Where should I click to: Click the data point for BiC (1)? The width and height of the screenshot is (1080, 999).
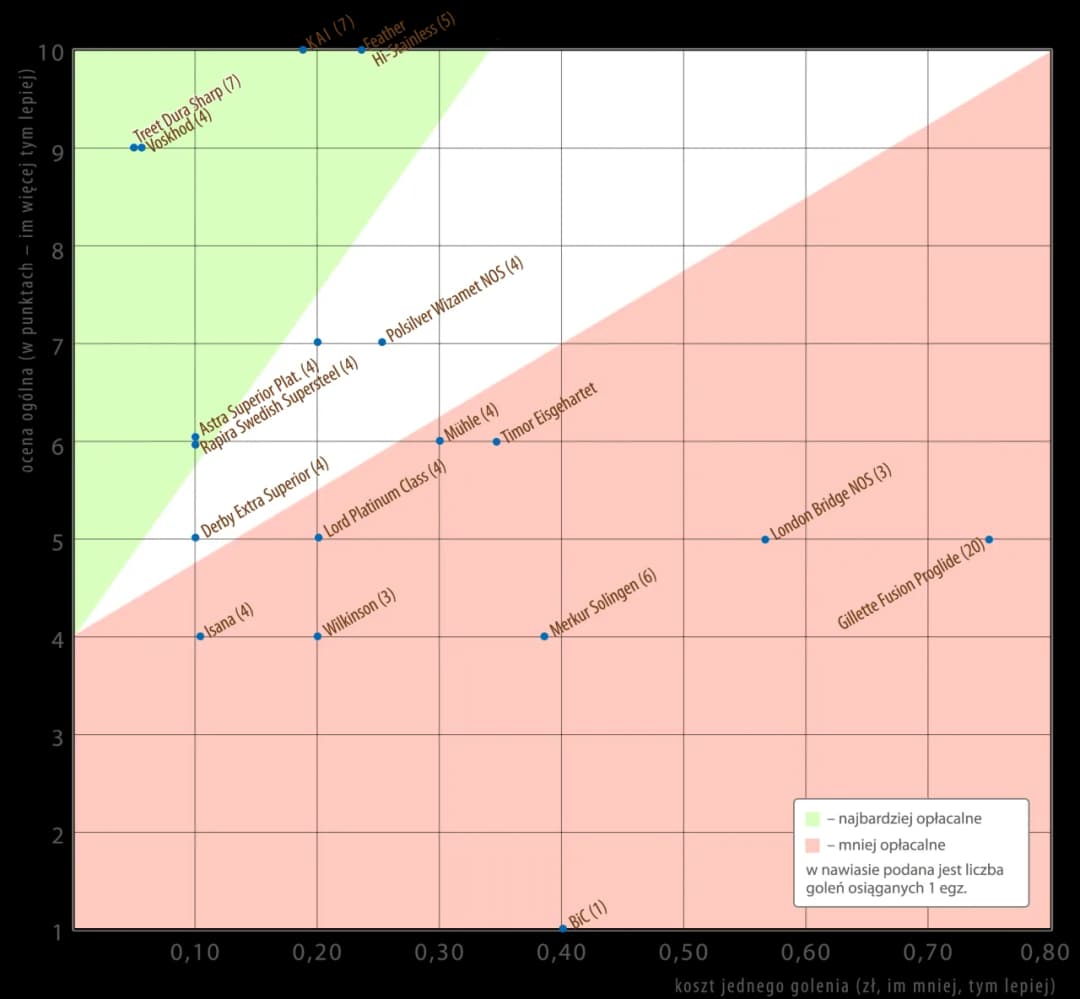click(x=563, y=929)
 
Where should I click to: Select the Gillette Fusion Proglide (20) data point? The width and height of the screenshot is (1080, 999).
click(x=989, y=540)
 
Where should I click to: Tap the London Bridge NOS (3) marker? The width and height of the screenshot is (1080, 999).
click(x=765, y=539)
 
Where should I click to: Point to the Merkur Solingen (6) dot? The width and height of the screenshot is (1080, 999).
click(x=544, y=636)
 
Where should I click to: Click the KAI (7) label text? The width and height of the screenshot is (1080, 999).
click(x=331, y=33)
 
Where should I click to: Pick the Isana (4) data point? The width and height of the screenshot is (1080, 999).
click(x=200, y=636)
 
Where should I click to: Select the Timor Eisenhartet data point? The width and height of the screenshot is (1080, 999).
click(x=496, y=441)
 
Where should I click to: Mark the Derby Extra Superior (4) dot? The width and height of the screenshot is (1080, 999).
click(x=195, y=537)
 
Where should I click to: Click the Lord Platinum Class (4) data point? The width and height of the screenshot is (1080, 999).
click(x=318, y=537)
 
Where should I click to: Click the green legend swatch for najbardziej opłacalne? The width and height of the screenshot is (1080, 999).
click(x=813, y=818)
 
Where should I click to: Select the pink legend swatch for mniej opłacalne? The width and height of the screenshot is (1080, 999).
click(x=813, y=845)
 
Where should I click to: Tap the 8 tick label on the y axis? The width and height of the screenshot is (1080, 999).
click(x=57, y=247)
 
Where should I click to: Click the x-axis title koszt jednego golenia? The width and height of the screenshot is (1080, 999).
click(x=865, y=986)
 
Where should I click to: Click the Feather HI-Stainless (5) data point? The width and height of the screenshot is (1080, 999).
click(x=361, y=49)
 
